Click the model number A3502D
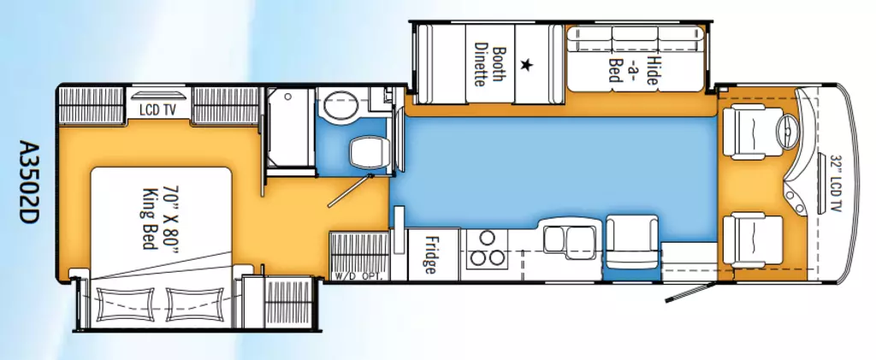[x=28, y=182]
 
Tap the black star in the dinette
[x=526, y=65]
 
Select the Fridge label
[x=429, y=255]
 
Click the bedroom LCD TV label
[x=158, y=110]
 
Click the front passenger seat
[x=753, y=241]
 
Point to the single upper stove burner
[x=487, y=238]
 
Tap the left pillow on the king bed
[x=124, y=304]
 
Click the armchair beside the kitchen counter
[x=632, y=243]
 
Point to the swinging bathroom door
[x=350, y=191]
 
